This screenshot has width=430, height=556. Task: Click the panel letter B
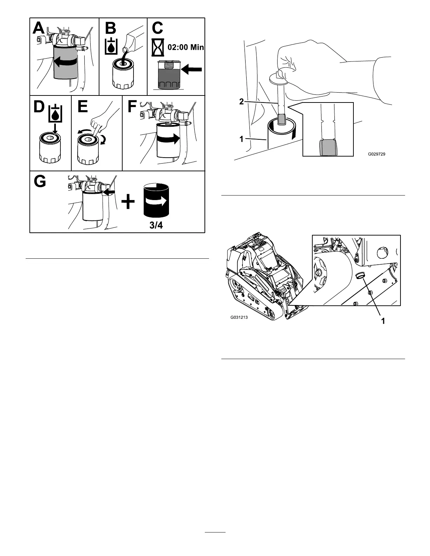pyautogui.click(x=110, y=28)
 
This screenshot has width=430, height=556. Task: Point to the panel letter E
pyautogui.click(x=83, y=106)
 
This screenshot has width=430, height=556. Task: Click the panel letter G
pyautogui.click(x=40, y=182)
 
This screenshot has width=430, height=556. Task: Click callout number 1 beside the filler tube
pyautogui.click(x=241, y=139)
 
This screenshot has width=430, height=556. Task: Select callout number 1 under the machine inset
pyautogui.click(x=383, y=320)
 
